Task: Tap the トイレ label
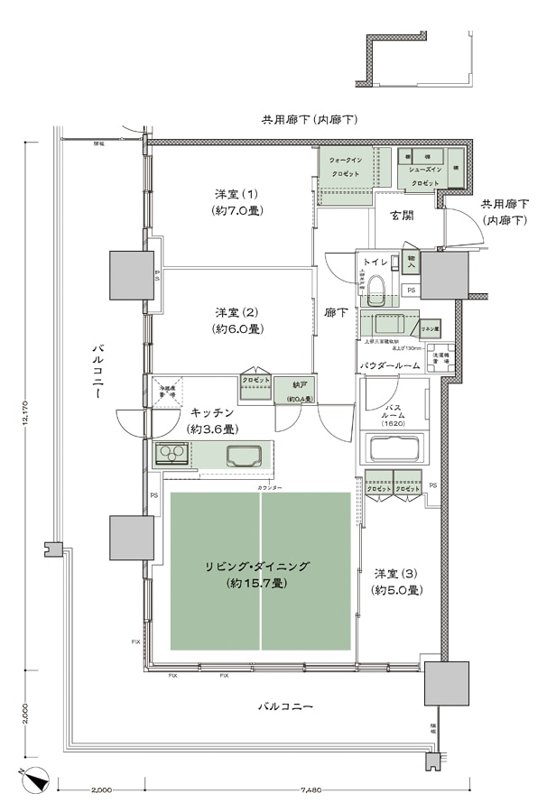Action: click(375, 261)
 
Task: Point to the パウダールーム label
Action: click(390, 365)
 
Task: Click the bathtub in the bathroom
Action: click(398, 447)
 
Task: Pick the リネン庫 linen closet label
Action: click(429, 330)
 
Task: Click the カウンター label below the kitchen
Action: click(269, 487)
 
